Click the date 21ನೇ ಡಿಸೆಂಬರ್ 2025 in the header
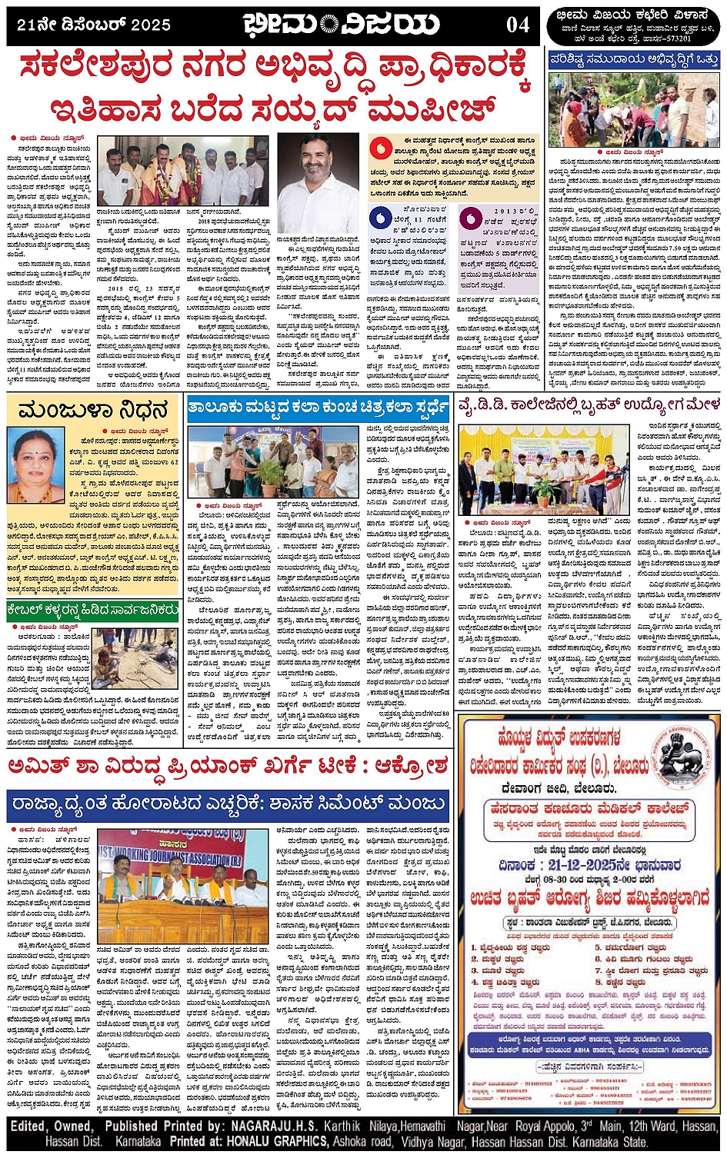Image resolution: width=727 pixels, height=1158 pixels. [94, 25]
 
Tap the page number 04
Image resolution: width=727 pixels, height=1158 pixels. [518, 25]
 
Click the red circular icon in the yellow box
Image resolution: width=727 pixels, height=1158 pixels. [380, 148]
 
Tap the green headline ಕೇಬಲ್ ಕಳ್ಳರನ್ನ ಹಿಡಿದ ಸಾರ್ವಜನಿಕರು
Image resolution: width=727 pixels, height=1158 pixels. [93, 612]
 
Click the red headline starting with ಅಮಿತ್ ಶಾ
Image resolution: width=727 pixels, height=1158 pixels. [227, 767]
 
